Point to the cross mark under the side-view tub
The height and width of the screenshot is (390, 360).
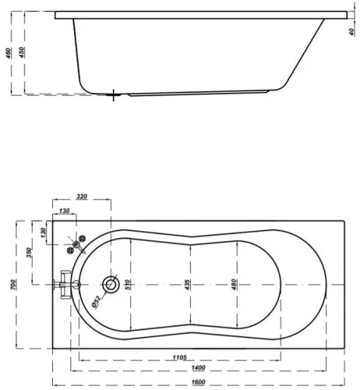coord(115,96)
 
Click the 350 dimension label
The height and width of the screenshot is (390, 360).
coord(28,253)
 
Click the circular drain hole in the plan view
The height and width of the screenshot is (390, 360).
coord(111,285)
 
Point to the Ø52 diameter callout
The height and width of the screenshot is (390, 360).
coord(94,301)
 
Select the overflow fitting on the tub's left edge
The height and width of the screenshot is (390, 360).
coord(65,285)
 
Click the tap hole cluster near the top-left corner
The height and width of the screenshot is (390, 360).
coord(77,244)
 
